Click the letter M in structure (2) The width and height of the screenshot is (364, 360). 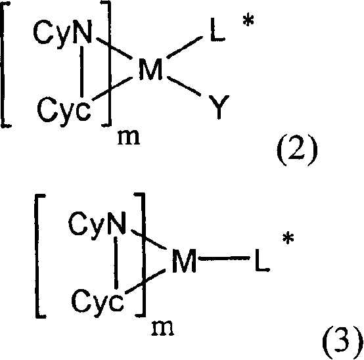(150, 69)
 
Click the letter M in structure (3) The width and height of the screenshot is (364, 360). (184, 260)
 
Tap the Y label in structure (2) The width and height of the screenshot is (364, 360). (219, 107)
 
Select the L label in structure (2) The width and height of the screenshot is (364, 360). (217, 30)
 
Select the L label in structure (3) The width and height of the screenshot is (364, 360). (262, 260)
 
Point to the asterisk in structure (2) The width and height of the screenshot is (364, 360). (248, 21)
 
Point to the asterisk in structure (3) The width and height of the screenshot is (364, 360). (288, 238)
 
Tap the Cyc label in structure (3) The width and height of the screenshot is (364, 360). (97, 302)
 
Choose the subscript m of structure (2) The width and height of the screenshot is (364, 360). (129, 138)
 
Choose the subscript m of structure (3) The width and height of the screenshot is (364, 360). (162, 328)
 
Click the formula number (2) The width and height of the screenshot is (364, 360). (297, 150)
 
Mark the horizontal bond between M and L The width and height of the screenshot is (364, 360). (224, 258)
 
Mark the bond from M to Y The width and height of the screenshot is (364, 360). (184, 86)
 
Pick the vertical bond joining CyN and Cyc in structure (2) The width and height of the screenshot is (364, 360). (81, 72)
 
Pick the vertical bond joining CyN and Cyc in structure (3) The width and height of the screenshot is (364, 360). (116, 263)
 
